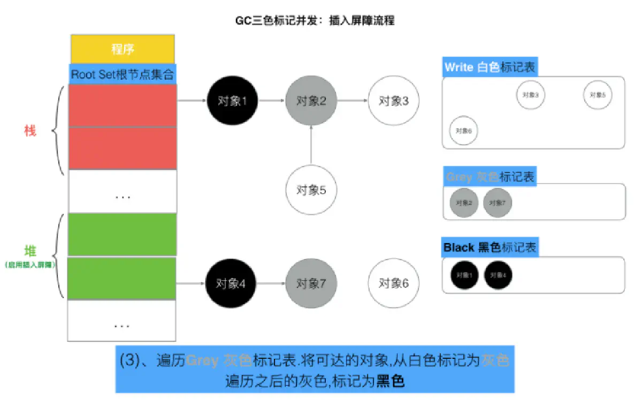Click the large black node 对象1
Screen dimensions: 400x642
click(x=232, y=100)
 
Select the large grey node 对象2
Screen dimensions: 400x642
click(x=311, y=100)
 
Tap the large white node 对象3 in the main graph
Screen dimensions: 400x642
click(x=394, y=100)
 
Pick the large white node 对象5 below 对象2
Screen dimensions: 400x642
click(x=311, y=190)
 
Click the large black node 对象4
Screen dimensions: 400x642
click(x=232, y=284)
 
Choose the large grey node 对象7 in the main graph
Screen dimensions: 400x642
click(x=311, y=284)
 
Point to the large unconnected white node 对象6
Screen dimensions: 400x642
click(x=394, y=284)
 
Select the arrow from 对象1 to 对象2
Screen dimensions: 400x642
click(x=272, y=100)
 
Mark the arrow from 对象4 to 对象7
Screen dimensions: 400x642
click(x=272, y=284)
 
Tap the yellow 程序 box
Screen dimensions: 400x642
click(x=123, y=49)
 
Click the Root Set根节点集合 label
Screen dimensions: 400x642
click(x=123, y=74)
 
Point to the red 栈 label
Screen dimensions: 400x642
click(x=30, y=130)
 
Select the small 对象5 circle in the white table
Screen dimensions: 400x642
click(x=598, y=95)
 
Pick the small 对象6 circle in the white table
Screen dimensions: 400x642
click(x=463, y=130)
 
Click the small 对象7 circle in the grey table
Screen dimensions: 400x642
click(x=497, y=203)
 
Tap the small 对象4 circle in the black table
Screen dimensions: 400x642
click(x=498, y=276)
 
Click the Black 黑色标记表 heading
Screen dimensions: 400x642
click(x=490, y=248)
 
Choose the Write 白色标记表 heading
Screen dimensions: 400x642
click(x=490, y=67)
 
